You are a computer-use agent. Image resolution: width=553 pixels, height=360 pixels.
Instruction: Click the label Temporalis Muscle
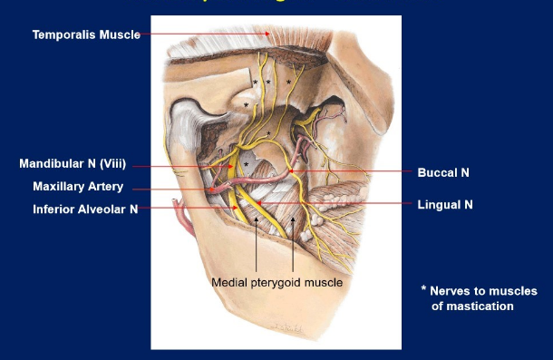click(x=86, y=35)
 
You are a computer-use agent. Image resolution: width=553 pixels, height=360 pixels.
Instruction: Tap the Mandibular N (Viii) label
click(x=73, y=164)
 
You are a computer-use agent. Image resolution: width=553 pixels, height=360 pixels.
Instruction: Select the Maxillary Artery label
click(x=78, y=188)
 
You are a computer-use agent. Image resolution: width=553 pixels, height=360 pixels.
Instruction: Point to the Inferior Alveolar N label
click(x=85, y=209)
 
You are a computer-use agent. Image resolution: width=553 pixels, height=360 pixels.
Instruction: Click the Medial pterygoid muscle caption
click(x=276, y=283)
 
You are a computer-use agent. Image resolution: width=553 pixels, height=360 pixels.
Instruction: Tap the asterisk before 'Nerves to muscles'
click(x=422, y=290)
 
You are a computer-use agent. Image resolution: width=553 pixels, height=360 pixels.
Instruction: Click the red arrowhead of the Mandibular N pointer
click(x=230, y=167)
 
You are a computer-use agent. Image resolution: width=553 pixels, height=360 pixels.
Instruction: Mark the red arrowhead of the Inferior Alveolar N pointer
click(x=238, y=208)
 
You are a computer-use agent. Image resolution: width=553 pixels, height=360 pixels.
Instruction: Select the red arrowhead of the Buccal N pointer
click(x=293, y=170)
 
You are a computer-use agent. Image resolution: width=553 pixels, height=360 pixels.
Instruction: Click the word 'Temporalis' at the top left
click(x=63, y=35)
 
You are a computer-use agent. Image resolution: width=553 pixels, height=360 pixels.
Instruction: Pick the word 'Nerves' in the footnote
click(x=451, y=291)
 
